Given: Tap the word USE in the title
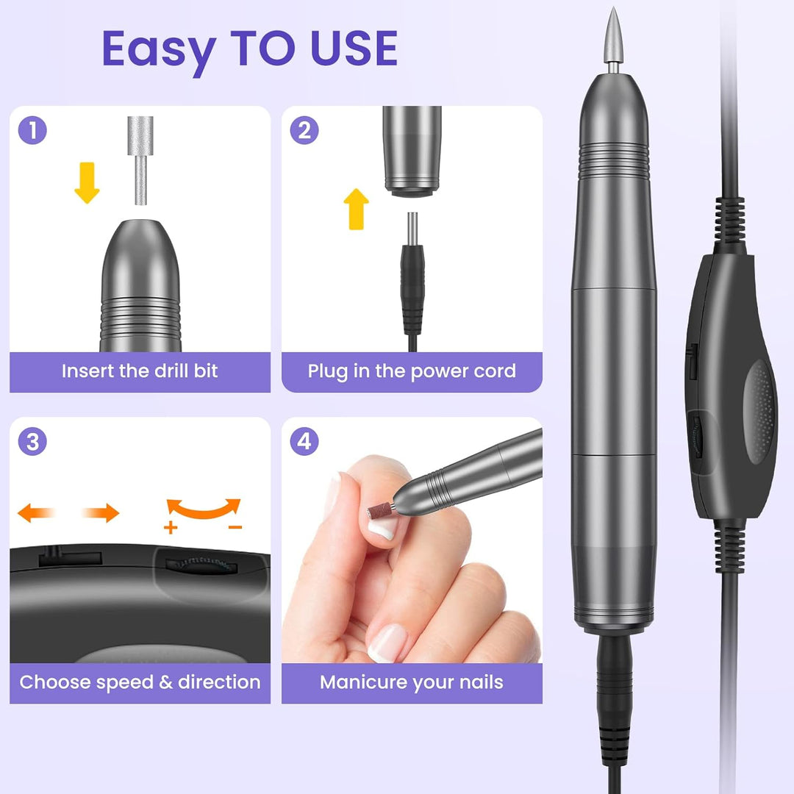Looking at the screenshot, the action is [x=354, y=48].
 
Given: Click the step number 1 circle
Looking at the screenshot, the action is [x=32, y=130].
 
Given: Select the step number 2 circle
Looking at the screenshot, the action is [x=304, y=130].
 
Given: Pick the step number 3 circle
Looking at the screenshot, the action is [x=32, y=441].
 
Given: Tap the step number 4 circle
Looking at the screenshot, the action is [x=304, y=441].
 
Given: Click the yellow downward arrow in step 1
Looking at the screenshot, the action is [x=87, y=183].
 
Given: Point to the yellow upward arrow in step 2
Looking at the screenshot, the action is [x=356, y=209].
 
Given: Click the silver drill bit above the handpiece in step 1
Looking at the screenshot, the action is [x=140, y=160].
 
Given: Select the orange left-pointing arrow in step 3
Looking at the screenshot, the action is [x=35, y=512].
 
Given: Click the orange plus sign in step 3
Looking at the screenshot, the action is [x=171, y=528].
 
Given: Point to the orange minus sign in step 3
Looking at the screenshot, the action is [x=235, y=528].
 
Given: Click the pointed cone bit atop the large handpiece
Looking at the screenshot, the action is [x=613, y=37].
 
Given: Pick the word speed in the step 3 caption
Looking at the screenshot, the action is [x=124, y=683].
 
